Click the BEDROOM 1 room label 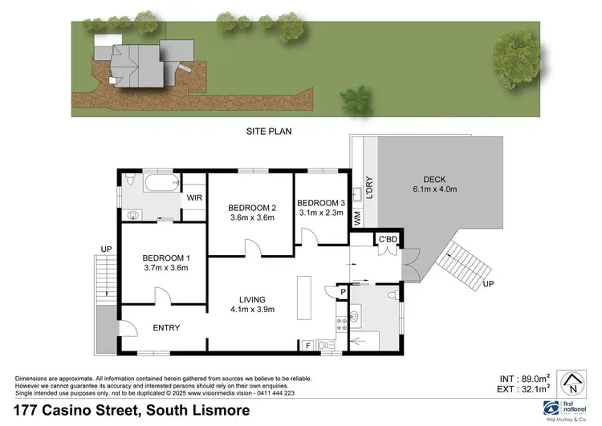tap(165, 258)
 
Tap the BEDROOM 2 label tap(251, 205)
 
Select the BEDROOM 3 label tap(320, 202)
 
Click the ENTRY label tap(166, 327)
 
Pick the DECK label tap(434, 179)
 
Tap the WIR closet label tap(193, 197)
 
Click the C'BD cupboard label tap(388, 239)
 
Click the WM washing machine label tap(358, 217)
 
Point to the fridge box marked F tap(307, 345)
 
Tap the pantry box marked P tap(342, 291)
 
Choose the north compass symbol tap(573, 380)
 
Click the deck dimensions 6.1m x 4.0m tap(434, 189)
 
